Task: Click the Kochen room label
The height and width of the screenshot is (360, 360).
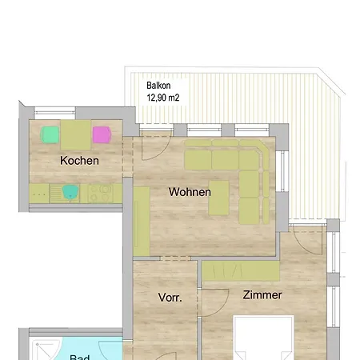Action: pos(79,161)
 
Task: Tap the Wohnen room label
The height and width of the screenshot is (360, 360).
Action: pos(190,192)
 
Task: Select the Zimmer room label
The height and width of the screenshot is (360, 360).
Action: pos(262,295)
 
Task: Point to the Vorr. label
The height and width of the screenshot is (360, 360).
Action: pos(170,298)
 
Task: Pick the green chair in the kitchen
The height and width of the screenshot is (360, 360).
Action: pos(51,134)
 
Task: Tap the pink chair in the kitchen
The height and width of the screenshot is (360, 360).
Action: pos(102,134)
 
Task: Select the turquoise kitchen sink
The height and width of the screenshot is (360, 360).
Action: pos(70,191)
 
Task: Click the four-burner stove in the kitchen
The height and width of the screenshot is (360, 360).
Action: pos(101,192)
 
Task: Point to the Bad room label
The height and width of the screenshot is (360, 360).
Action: pos(79,357)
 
